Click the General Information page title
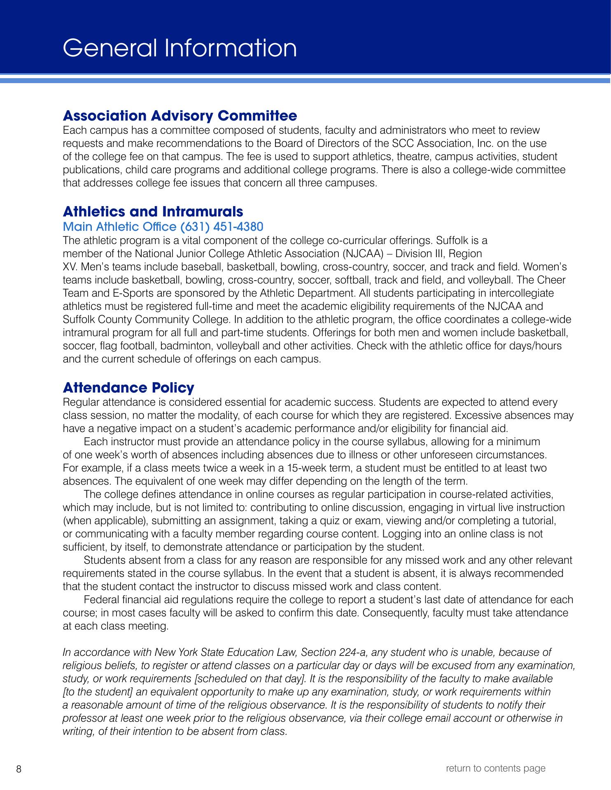180,48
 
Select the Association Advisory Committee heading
180,116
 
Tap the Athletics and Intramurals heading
153,211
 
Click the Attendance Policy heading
128,388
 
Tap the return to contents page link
496,768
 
